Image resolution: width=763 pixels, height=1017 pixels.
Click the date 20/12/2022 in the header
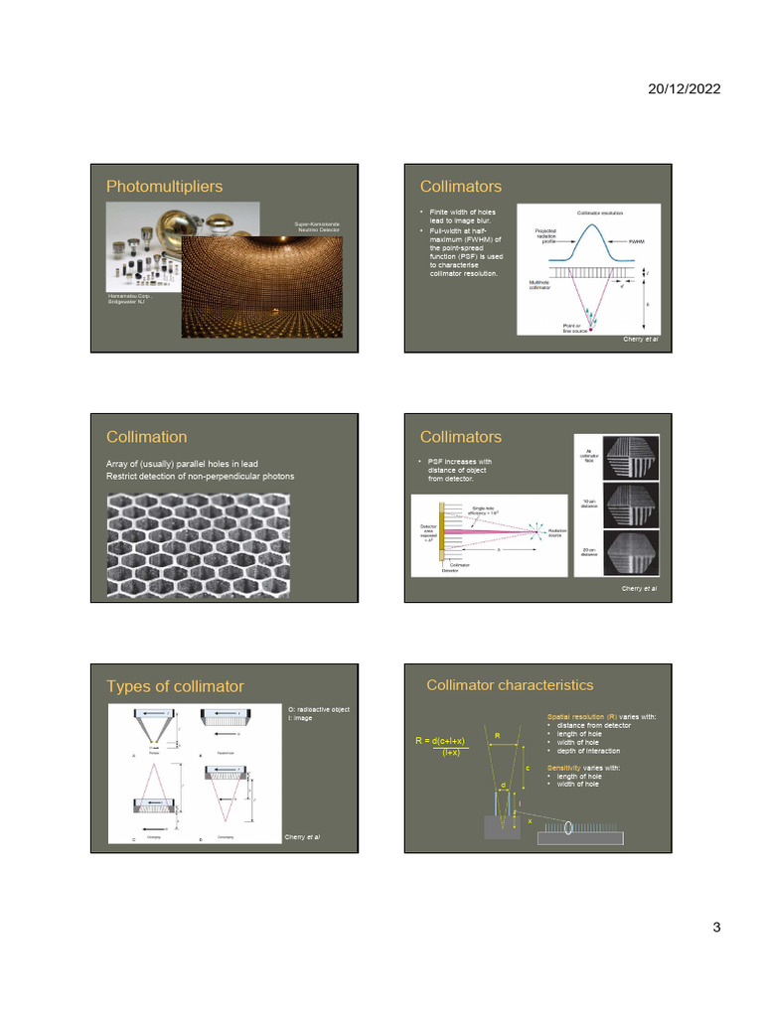pyautogui.click(x=685, y=88)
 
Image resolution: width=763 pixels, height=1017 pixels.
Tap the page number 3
pyautogui.click(x=715, y=928)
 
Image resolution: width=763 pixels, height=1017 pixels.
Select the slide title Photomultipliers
pyautogui.click(x=164, y=187)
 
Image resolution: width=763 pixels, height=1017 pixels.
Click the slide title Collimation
pyautogui.click(x=146, y=437)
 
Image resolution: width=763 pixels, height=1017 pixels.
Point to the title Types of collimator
pyautogui.click(x=175, y=687)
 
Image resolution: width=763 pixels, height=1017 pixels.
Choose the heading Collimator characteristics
pyautogui.click(x=510, y=685)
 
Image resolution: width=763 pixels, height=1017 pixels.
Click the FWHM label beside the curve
pyautogui.click(x=637, y=240)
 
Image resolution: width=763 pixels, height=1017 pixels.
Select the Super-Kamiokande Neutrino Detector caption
pyautogui.click(x=317, y=227)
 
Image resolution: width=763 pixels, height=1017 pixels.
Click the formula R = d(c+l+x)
pyautogui.click(x=440, y=741)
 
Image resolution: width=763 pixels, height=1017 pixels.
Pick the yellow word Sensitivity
pyautogui.click(x=567, y=768)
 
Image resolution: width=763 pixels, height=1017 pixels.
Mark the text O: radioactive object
pyautogui.click(x=318, y=709)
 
